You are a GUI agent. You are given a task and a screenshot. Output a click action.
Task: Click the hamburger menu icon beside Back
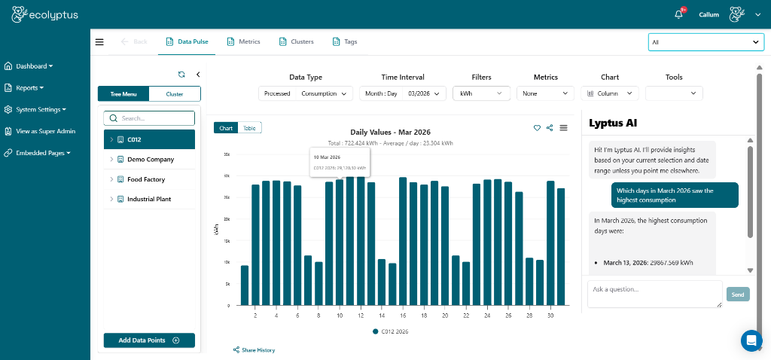(99, 41)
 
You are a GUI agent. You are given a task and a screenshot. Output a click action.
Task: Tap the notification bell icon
(678, 14)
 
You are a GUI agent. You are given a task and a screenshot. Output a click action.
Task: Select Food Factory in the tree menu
(145, 179)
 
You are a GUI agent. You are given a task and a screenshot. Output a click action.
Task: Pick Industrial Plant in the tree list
(150, 199)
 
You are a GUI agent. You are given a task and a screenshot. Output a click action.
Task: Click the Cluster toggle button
(175, 94)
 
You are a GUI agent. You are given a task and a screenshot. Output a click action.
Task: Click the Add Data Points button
(149, 340)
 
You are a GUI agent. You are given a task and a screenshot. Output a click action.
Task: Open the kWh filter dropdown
(481, 93)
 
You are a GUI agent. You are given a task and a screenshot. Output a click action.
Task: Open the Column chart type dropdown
(611, 93)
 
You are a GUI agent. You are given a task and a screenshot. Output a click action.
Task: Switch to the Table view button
(249, 128)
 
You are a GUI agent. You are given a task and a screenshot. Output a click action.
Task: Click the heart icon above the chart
(537, 128)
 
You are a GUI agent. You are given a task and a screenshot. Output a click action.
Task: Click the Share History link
(254, 350)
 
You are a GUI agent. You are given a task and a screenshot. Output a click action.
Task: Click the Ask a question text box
(654, 294)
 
